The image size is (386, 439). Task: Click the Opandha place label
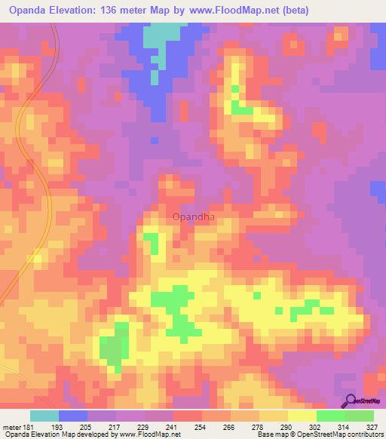pos(194,217)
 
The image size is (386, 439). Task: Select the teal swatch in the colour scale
pos(44,416)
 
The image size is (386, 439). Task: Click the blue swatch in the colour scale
pos(73,416)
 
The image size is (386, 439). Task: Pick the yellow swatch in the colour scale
pos(302,416)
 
